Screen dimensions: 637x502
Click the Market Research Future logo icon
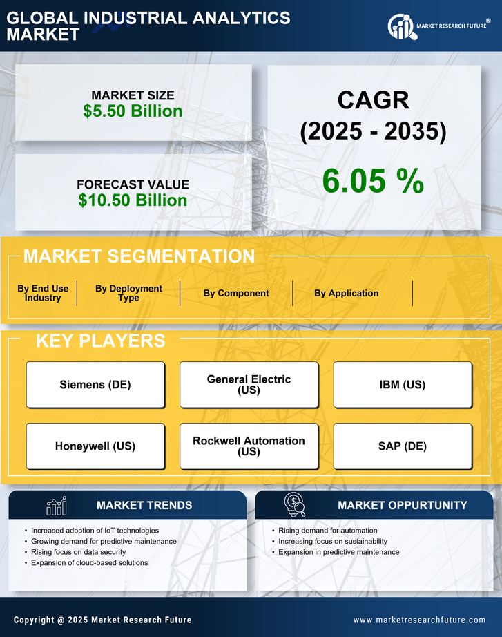(401, 27)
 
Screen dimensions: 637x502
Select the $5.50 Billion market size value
(133, 111)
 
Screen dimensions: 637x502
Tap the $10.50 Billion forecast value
(133, 200)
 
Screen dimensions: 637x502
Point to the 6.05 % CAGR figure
(373, 181)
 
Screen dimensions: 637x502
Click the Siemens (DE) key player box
(95, 385)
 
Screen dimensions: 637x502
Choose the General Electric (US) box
(249, 385)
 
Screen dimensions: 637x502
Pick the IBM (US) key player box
(403, 385)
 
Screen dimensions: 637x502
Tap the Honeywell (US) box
(95, 446)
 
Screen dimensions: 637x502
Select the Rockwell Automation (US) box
(249, 446)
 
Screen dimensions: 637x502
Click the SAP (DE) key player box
(403, 446)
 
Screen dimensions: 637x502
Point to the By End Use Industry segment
(43, 294)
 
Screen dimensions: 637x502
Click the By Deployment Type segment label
(128, 294)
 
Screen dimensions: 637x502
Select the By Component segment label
(236, 294)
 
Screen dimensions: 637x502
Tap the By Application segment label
(346, 294)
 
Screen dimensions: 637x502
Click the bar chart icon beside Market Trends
(56, 506)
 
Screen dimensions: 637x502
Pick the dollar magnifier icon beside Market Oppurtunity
(294, 505)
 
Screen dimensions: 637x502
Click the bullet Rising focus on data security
(79, 552)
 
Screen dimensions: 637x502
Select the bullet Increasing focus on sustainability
(333, 542)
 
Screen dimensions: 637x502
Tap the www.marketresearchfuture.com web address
(419, 620)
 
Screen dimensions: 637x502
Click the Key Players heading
(100, 341)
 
